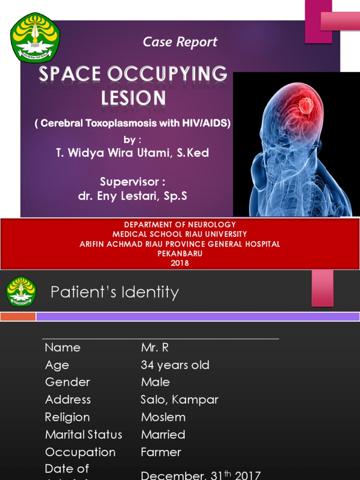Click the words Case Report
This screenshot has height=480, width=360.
180,42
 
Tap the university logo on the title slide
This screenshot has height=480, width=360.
35,37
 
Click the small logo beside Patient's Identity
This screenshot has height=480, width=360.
21,291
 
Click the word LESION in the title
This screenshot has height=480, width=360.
134,98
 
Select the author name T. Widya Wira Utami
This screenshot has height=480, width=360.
132,153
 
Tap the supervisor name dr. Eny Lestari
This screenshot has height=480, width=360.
133,196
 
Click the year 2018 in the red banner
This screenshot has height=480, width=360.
180,263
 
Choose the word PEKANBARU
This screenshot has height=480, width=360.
180,254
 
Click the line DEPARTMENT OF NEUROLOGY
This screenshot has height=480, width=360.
180,225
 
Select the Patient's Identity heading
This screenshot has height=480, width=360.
115,292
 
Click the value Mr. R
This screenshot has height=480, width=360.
155,347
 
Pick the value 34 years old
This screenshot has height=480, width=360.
175,365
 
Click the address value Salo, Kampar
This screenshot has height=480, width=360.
180,399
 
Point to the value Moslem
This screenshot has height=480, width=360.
163,417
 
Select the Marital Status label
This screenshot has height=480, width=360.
83,435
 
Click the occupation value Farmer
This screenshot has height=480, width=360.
161,452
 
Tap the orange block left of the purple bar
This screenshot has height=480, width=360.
18,316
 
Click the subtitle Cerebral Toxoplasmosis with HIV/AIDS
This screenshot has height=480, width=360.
133,123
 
